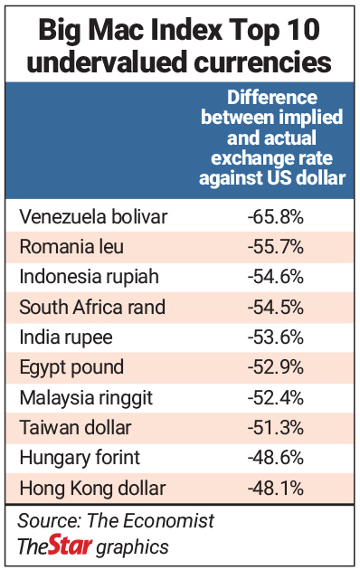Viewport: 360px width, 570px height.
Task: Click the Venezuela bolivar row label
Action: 93,216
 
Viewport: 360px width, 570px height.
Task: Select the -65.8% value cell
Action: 274,216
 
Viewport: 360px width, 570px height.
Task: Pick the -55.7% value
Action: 274,246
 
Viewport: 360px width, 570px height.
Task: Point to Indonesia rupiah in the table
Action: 88,277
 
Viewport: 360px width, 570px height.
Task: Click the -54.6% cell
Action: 274,277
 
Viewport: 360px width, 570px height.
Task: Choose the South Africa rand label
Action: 92,307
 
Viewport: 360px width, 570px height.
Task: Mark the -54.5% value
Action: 274,307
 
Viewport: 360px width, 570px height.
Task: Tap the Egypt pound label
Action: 71,367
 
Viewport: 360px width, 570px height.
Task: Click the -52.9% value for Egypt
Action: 274,367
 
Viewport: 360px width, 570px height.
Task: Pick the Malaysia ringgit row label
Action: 86,398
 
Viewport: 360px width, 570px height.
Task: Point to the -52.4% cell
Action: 274,398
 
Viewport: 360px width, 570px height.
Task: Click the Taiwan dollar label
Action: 75,428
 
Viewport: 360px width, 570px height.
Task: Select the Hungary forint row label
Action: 80,459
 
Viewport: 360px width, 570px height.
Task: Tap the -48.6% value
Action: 274,459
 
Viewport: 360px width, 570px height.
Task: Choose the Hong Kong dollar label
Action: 92,489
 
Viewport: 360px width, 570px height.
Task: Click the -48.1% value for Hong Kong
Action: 274,489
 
